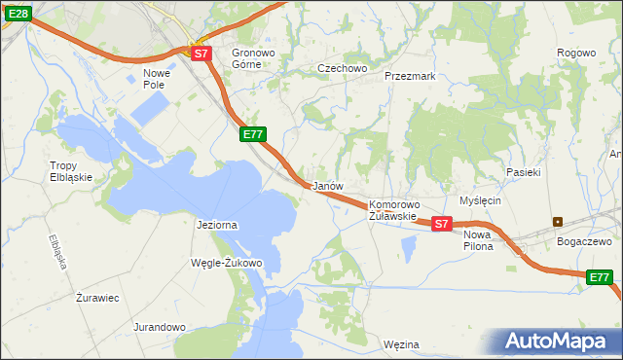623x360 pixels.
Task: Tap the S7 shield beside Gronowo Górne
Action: (x=201, y=54)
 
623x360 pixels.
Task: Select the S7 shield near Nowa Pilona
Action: (x=441, y=224)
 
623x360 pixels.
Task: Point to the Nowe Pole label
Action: (x=157, y=79)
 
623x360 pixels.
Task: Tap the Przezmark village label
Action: (x=409, y=75)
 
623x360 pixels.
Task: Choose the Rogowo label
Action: (x=575, y=53)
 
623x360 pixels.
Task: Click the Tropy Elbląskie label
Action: (x=71, y=171)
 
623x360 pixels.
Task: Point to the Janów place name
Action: (x=325, y=185)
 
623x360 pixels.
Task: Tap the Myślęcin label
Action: (x=480, y=200)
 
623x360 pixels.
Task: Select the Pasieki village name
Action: (x=523, y=171)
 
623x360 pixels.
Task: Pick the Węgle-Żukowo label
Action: (x=227, y=263)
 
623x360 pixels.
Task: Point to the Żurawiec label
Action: (x=97, y=298)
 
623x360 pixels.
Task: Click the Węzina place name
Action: (x=401, y=344)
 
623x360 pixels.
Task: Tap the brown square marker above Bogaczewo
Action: (x=558, y=221)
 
